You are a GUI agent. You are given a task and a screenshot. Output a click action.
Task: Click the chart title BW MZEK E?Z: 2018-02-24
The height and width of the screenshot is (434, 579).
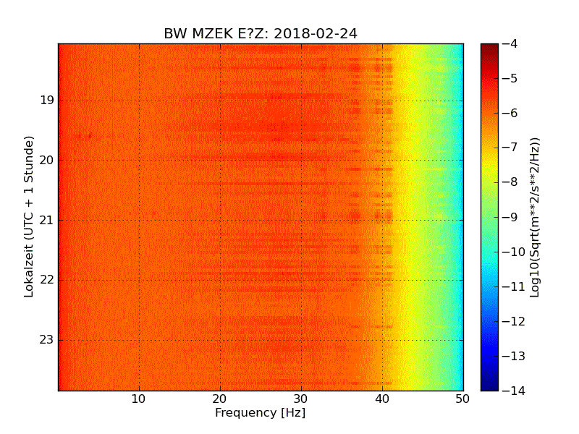(x=261, y=34)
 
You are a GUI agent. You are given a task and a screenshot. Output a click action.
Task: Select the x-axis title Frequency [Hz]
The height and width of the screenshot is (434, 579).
(x=261, y=413)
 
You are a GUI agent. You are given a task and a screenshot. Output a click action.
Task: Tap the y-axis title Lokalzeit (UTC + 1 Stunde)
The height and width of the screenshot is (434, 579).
(x=30, y=217)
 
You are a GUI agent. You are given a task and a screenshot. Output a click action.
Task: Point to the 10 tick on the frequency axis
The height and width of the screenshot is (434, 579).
(x=139, y=399)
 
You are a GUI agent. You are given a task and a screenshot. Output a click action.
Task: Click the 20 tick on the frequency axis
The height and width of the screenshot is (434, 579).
(x=220, y=399)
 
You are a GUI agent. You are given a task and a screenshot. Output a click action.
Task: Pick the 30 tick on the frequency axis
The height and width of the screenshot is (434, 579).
(x=301, y=399)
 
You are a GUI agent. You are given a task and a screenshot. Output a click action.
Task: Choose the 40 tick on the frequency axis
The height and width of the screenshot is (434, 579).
(x=382, y=399)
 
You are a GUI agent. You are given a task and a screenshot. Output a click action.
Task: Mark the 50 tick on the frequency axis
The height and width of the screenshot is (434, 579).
(x=462, y=399)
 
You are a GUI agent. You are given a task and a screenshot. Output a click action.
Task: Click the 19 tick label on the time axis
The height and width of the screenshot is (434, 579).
(x=48, y=100)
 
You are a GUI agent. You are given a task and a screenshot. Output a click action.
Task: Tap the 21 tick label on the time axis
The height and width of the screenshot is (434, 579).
(x=48, y=220)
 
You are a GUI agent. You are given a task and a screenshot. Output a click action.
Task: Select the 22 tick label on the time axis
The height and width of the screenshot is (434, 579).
(x=48, y=280)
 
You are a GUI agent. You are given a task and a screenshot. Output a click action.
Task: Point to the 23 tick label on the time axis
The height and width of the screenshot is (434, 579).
(x=48, y=340)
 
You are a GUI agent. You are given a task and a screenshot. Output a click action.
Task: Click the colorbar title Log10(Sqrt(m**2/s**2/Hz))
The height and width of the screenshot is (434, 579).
(x=536, y=217)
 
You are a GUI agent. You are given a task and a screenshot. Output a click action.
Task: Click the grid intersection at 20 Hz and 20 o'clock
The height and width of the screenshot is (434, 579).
(x=220, y=160)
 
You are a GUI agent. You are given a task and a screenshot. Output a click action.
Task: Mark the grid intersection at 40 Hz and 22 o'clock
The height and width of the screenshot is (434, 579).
(x=382, y=280)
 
